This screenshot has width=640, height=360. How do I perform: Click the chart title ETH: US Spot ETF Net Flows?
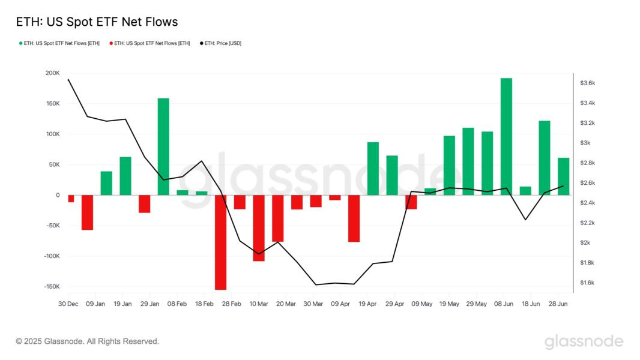coord(97,22)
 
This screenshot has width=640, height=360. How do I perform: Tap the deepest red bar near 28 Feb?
coord(220,242)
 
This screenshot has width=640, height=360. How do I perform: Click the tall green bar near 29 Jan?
coord(163,146)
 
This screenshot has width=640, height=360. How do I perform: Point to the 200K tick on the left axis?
coord(52,73)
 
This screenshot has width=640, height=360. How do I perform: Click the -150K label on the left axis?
coord(51,287)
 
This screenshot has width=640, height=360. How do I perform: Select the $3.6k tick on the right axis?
coord(587,83)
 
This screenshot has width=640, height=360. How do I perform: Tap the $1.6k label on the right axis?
coord(587,283)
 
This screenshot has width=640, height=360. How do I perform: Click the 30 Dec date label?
coord(68,304)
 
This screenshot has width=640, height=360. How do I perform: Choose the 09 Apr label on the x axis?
coord(340,304)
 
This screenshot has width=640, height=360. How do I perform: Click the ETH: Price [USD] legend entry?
coord(223,43)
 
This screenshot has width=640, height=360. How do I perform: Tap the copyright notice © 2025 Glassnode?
coord(88,341)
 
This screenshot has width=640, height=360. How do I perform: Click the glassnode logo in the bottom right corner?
coord(584,341)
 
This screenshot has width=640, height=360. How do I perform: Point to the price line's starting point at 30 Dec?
coord(68,79)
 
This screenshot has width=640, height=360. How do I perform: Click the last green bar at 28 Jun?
coord(563,176)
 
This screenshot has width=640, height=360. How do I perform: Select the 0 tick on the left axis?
coord(58,195)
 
